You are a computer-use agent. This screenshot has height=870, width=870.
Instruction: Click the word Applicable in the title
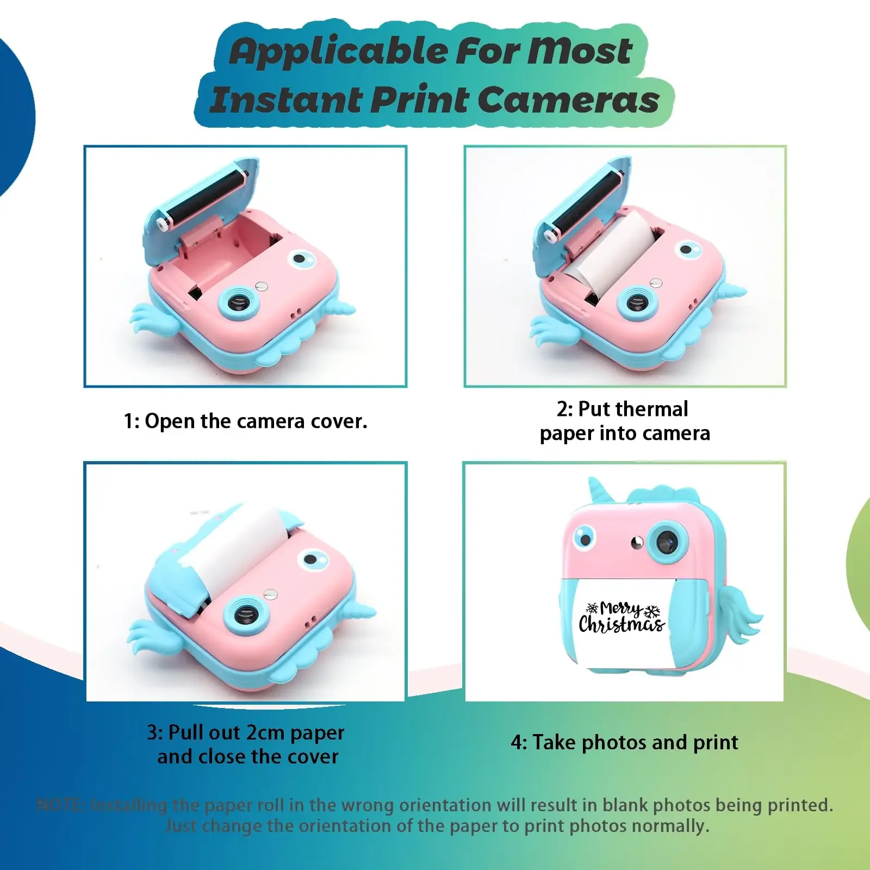(337, 52)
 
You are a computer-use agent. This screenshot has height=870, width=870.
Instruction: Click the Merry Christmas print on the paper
(622, 618)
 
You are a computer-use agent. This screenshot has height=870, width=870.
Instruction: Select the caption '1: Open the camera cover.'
(246, 421)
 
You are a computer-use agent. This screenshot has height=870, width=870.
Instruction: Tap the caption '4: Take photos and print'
(624, 742)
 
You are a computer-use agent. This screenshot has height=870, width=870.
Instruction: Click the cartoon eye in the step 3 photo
(313, 559)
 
